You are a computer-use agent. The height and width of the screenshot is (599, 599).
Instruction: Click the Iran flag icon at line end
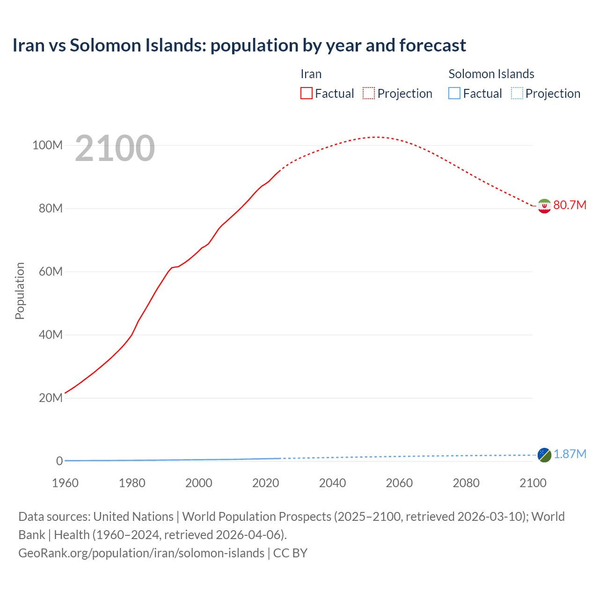click(x=544, y=206)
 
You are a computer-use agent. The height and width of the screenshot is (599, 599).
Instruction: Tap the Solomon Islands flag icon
click(x=544, y=455)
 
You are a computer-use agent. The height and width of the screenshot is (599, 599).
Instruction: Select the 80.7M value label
click(x=570, y=205)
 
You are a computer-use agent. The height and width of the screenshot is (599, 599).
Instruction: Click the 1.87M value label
click(x=570, y=454)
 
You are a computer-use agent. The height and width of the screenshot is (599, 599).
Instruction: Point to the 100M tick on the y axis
click(x=47, y=146)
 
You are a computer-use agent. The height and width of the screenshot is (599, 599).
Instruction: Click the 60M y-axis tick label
click(x=51, y=272)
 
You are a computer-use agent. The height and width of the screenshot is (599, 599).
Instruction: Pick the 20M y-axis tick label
click(x=51, y=398)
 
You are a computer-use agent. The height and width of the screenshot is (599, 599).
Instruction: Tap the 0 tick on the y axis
click(x=59, y=461)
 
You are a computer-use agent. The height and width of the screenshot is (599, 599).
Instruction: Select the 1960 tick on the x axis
click(x=66, y=483)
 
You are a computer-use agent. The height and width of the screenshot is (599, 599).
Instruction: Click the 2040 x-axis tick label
click(x=332, y=483)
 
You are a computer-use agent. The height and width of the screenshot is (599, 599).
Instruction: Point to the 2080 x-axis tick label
click(x=466, y=483)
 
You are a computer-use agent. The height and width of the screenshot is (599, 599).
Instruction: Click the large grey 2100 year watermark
click(x=115, y=148)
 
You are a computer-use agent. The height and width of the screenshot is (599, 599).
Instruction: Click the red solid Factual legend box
click(x=307, y=94)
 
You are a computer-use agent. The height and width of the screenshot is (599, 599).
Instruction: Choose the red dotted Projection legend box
click(x=369, y=94)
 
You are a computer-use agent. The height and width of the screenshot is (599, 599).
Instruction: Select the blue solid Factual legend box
click(x=454, y=94)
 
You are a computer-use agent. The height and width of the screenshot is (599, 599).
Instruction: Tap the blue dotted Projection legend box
click(x=517, y=94)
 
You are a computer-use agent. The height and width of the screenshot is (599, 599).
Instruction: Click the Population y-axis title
click(x=20, y=291)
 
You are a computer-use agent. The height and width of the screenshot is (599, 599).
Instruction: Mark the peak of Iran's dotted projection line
click(x=376, y=137)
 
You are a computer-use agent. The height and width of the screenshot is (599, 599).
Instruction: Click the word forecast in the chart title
click(x=432, y=45)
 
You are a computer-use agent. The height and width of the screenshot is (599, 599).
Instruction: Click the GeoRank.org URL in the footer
click(x=141, y=553)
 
